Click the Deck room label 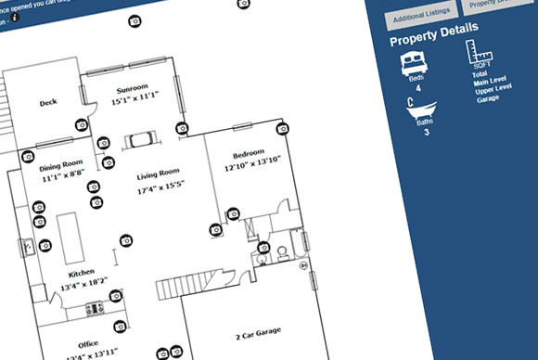[48, 104]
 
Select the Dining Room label [60, 163]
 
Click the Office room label [89, 341]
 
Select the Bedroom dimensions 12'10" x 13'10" [251, 166]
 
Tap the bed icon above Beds [412, 65]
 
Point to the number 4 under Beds [417, 89]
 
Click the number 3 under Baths [426, 133]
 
